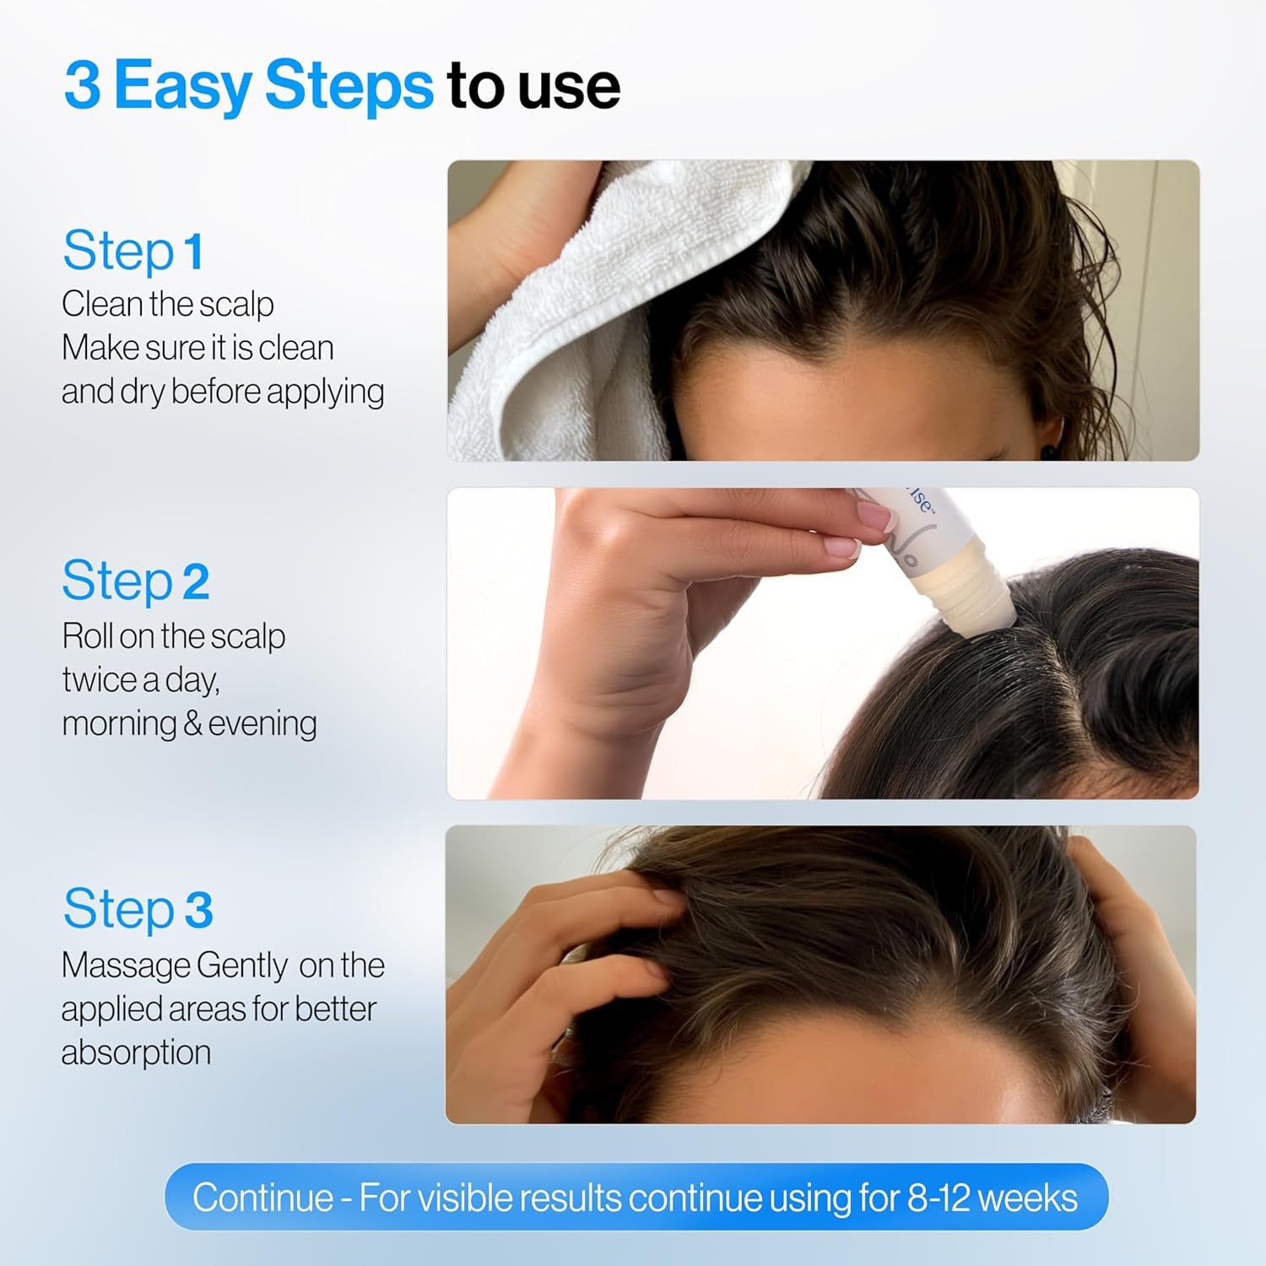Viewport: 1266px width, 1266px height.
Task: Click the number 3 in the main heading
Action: pos(82,85)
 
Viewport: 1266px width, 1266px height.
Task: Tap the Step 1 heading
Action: pos(133,251)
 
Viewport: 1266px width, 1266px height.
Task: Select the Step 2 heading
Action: pos(135,581)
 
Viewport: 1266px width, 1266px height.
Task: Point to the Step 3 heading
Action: pos(138,908)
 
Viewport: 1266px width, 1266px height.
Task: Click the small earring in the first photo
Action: pos(1049,452)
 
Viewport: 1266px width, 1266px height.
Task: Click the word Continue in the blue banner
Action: pos(262,1198)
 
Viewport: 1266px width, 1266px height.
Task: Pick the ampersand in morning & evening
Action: pos(192,724)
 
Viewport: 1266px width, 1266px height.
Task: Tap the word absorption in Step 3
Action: pos(136,1052)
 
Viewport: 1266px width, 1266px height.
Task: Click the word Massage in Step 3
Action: pos(126,965)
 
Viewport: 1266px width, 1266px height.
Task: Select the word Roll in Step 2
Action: pos(87,636)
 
